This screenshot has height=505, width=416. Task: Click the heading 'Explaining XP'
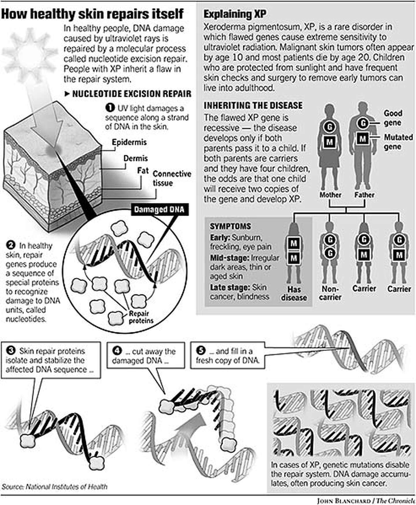pos(235,14)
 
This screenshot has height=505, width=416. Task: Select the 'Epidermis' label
pos(129,142)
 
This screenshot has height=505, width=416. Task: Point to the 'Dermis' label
pos(135,158)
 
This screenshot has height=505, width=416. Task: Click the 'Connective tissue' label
pos(172,178)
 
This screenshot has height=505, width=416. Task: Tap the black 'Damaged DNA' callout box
pos(159,210)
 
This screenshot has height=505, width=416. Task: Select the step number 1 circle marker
pos(110,108)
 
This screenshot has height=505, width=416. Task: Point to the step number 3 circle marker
pos(11,351)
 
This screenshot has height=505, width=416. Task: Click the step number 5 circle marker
pos(200,351)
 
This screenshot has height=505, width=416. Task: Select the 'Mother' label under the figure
pos(330,195)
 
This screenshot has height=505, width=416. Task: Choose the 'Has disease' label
pos(294,293)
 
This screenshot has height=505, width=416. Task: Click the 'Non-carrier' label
pos(330,293)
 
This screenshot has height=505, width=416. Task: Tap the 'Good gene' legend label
pos(393,118)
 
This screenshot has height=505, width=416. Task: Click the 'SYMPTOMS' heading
pos(230,226)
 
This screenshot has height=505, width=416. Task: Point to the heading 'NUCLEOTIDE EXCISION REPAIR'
pos(131,94)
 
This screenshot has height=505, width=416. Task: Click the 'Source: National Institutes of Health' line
pos(54,487)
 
